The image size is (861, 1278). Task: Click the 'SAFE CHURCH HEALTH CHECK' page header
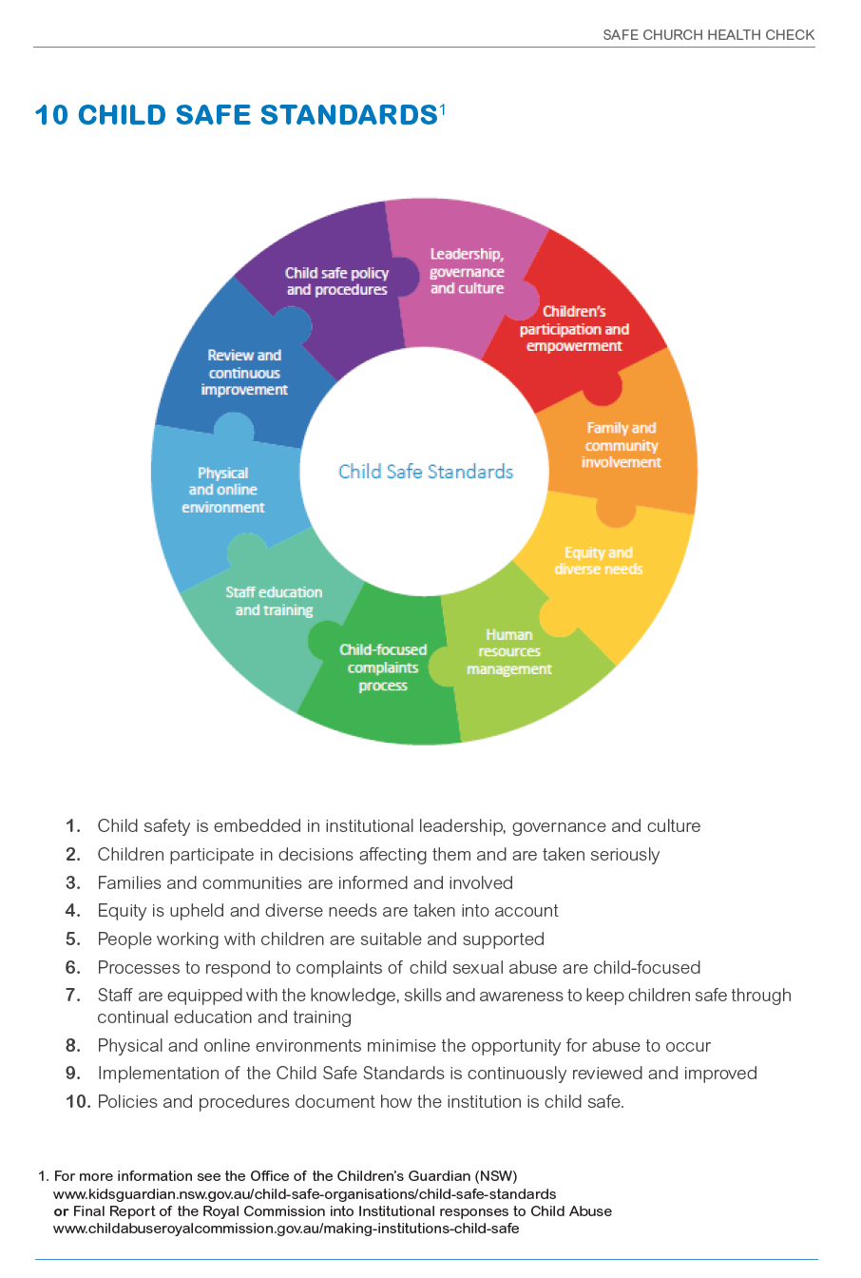pyautogui.click(x=708, y=35)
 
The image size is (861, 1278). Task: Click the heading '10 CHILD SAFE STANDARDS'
pyautogui.click(x=236, y=115)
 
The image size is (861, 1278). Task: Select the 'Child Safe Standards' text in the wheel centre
pyautogui.click(x=426, y=472)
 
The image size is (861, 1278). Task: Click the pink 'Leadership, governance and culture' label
pyautogui.click(x=467, y=271)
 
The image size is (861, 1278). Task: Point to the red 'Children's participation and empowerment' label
pyautogui.click(x=574, y=329)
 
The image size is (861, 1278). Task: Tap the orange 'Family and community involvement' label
pyautogui.click(x=622, y=445)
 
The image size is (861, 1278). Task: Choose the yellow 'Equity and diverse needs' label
pyautogui.click(x=599, y=561)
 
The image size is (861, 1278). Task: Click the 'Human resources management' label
pyautogui.click(x=509, y=651)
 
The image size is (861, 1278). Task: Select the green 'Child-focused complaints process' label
pyautogui.click(x=383, y=668)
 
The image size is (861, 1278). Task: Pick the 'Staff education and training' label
pyautogui.click(x=274, y=601)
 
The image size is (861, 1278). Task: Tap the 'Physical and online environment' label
pyautogui.click(x=223, y=490)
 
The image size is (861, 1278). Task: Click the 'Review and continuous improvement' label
pyautogui.click(x=244, y=373)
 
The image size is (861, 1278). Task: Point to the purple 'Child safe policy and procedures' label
pyautogui.click(x=337, y=281)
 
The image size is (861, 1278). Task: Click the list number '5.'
pyautogui.click(x=73, y=939)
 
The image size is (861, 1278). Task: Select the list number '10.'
pyautogui.click(x=78, y=1102)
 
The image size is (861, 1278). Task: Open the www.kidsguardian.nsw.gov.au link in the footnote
pyautogui.click(x=304, y=1193)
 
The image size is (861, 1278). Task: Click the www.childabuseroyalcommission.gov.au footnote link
pyautogui.click(x=286, y=1228)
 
